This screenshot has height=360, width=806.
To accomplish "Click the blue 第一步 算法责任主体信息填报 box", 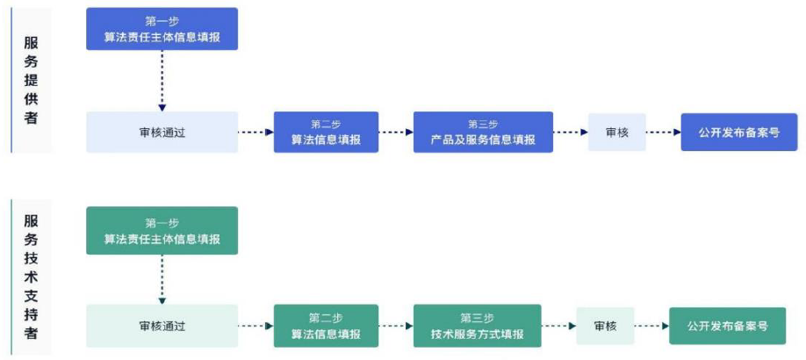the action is pyautogui.click(x=162, y=29).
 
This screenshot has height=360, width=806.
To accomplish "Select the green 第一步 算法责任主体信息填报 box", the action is pyautogui.click(x=162, y=230).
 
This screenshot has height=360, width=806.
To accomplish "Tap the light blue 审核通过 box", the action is pyautogui.click(x=162, y=133).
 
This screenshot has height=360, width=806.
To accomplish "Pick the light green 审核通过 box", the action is pyautogui.click(x=162, y=326).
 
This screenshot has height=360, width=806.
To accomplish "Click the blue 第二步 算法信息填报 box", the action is pyautogui.click(x=326, y=133).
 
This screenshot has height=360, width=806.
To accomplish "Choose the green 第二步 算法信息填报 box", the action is pyautogui.click(x=326, y=326).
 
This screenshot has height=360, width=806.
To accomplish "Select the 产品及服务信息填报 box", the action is pyautogui.click(x=483, y=133).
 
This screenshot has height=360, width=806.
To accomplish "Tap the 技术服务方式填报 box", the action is pyautogui.click(x=477, y=326).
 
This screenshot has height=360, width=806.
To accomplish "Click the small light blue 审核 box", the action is pyautogui.click(x=617, y=133).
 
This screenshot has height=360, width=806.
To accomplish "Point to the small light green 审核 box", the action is pyautogui.click(x=605, y=326).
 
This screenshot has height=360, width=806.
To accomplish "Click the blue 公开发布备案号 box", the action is pyautogui.click(x=739, y=133).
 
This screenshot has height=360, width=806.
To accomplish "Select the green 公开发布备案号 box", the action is pyautogui.click(x=727, y=326).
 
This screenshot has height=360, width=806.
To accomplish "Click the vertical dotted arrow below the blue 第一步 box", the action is pyautogui.click(x=162, y=81).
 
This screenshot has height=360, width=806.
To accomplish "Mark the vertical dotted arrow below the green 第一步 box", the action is pyautogui.click(x=162, y=279).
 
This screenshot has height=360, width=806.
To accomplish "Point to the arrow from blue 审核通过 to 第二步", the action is pyautogui.click(x=256, y=133).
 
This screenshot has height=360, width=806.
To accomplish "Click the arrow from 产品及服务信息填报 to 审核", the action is pyautogui.click(x=571, y=133).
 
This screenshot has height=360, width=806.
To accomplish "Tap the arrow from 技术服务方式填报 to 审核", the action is pyautogui.click(x=558, y=326).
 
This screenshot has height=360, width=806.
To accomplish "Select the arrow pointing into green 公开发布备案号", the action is pyautogui.click(x=651, y=326).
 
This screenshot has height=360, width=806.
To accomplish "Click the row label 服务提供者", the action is pyautogui.click(x=31, y=80).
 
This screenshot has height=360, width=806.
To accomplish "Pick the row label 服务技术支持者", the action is pyautogui.click(x=31, y=277).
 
